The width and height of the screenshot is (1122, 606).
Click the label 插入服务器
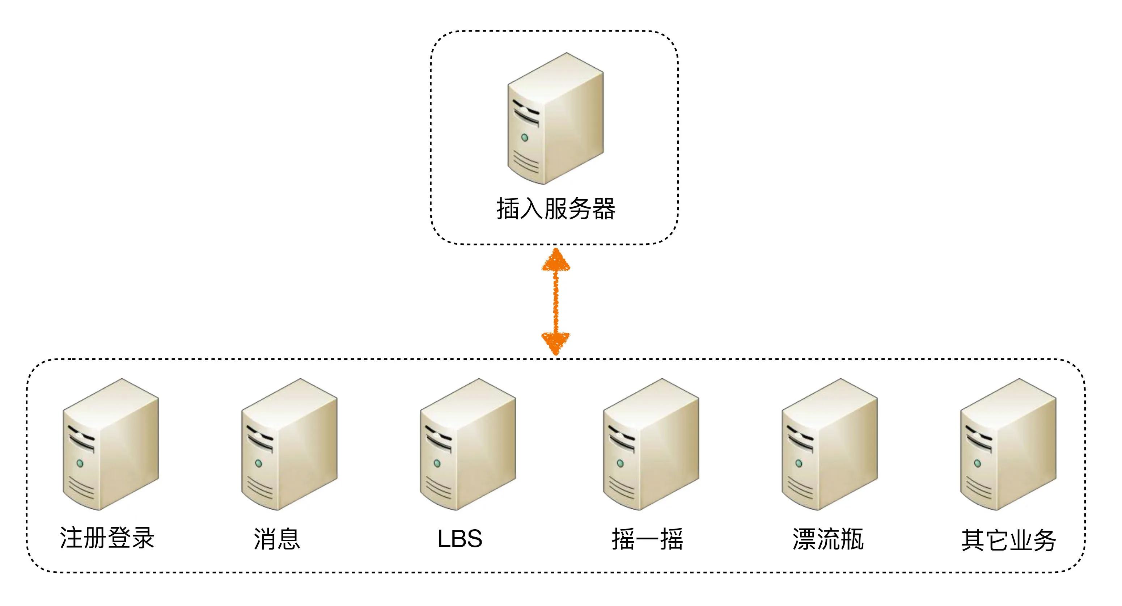tap(555, 209)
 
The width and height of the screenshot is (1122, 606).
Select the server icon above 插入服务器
tap(555, 118)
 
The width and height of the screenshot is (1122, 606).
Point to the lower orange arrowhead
tap(555, 342)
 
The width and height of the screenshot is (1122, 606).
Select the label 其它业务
tap(1008, 540)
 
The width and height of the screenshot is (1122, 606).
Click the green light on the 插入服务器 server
tap(525, 138)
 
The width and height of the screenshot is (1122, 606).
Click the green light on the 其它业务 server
tap(977, 463)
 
